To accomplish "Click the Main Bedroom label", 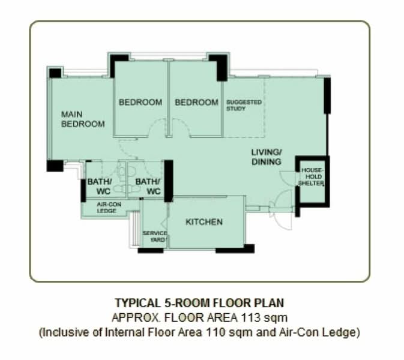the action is coord(83,119).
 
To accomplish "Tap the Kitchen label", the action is coord(204,222).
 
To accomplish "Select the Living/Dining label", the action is coord(267,157).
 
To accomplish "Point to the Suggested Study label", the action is coord(244,106).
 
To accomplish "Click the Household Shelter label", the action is coord(311,176).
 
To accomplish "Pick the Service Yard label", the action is coord(155,236).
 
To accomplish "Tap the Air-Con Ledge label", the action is coord(109,208).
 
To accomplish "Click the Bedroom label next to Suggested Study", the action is coord(196,103).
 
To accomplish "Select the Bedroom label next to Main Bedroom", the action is coord(140,103).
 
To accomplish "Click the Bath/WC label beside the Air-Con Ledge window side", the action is coord(100,187).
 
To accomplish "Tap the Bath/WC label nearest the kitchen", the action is coord(148,187).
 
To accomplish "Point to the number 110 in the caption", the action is coord(216,332).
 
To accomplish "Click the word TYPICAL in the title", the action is coord(137,303).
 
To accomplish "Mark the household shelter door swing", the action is coord(287,178).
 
